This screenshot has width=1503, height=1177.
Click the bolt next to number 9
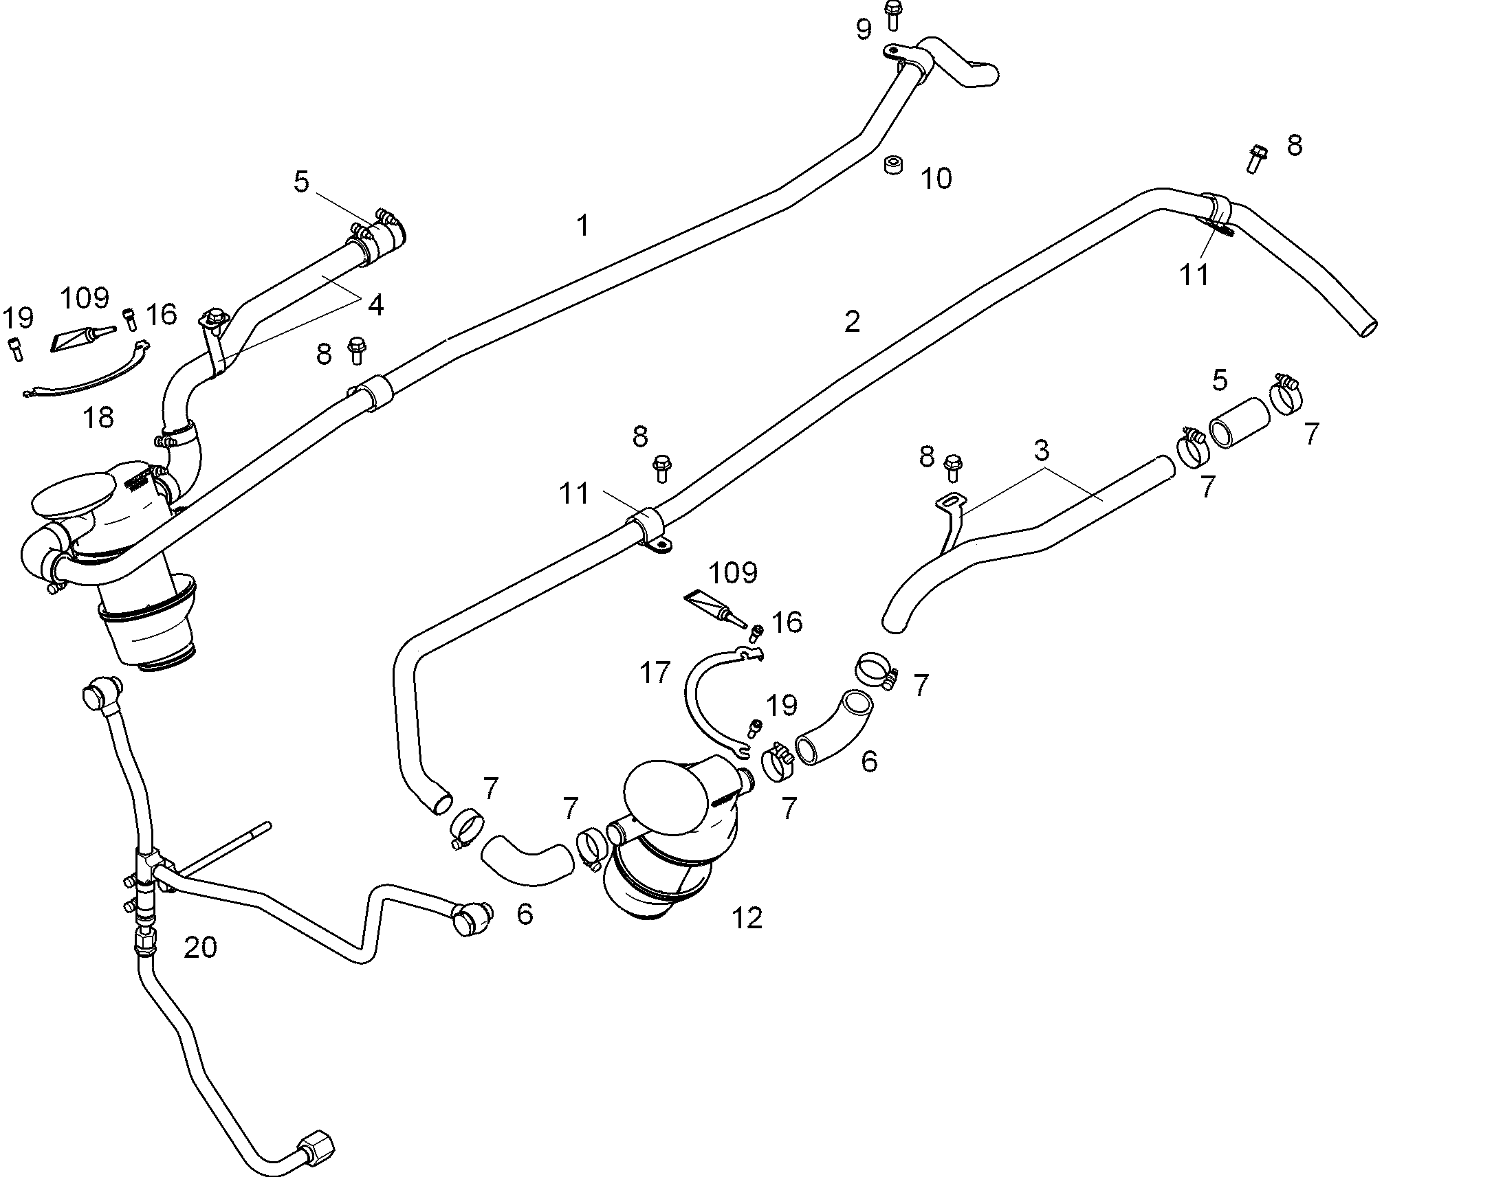click(893, 15)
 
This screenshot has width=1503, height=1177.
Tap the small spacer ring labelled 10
click(894, 166)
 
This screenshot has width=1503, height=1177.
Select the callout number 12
click(747, 918)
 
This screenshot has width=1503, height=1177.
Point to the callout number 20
click(201, 948)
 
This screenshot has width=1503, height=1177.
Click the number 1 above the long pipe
click(583, 225)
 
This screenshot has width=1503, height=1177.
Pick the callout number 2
click(852, 321)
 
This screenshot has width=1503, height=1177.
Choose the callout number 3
click(1041, 451)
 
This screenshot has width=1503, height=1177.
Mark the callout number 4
click(375, 304)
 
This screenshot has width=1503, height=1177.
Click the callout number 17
click(655, 672)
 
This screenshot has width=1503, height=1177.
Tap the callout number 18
click(98, 417)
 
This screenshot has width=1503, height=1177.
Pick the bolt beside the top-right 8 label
click(1255, 158)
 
